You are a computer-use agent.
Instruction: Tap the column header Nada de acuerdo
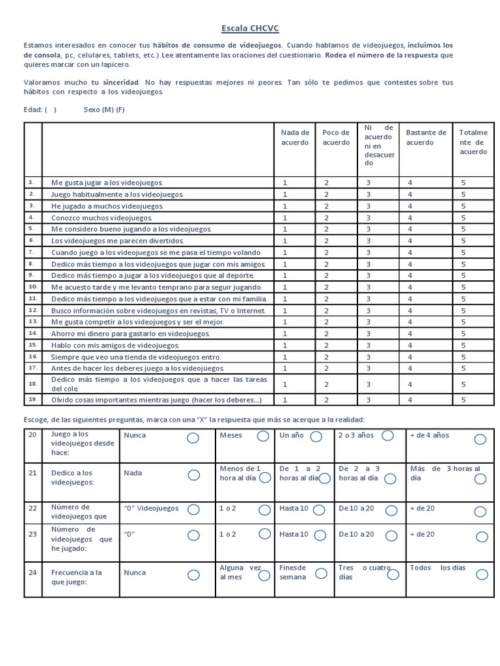pyautogui.click(x=295, y=137)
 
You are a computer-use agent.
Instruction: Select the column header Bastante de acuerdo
pyautogui.click(x=426, y=137)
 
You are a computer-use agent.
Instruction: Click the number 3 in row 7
pyautogui.click(x=368, y=252)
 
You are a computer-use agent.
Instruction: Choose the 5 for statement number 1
pyautogui.click(x=464, y=183)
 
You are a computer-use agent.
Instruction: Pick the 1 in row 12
pyautogui.click(x=285, y=311)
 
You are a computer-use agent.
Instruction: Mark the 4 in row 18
pyautogui.click(x=410, y=384)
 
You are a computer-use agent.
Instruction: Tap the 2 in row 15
pyautogui.click(x=327, y=345)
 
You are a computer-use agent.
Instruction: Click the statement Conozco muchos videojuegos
pyautogui.click(x=102, y=218)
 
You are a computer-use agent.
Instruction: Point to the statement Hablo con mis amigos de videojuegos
pyautogui.click(x=115, y=345)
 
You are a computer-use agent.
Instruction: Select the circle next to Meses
pyautogui.click(x=263, y=436)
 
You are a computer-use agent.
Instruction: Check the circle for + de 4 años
pyautogui.click(x=480, y=440)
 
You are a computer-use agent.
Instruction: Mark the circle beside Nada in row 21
pyautogui.click(x=193, y=475)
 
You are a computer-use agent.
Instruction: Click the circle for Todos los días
pyautogui.click(x=481, y=574)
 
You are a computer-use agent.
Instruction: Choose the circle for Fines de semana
pyautogui.click(x=321, y=573)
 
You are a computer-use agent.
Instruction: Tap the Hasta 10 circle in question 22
pyautogui.click(x=320, y=509)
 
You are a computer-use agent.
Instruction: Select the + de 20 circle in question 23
pyautogui.click(x=481, y=537)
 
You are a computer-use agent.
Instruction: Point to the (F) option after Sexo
pyautogui.click(x=120, y=109)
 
